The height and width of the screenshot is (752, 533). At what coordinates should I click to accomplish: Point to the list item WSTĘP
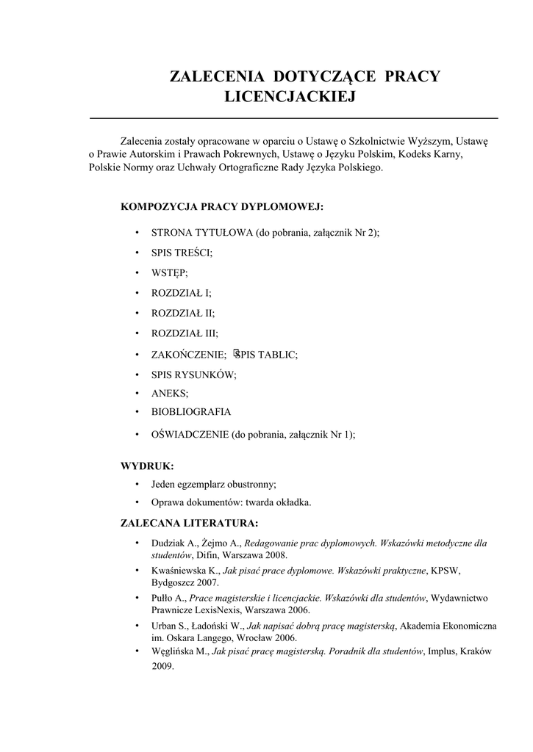point(170,272)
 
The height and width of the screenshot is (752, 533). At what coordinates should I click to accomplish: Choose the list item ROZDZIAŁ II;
point(183,312)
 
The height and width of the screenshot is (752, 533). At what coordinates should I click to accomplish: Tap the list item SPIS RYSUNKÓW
point(194,374)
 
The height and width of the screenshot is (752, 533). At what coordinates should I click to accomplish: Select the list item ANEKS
point(170,393)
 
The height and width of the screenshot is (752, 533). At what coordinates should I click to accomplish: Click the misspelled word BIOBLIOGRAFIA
point(191,412)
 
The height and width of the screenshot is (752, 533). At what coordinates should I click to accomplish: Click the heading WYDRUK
point(147,466)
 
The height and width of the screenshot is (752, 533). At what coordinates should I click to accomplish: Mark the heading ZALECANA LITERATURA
point(189,524)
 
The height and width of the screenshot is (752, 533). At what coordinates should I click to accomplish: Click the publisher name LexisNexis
point(219,610)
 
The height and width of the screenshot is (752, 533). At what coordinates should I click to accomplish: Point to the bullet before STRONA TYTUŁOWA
point(137,234)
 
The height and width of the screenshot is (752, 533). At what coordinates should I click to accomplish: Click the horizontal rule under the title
point(293,117)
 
